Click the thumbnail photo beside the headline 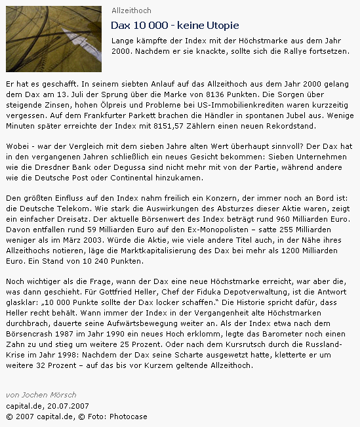pos(53,39)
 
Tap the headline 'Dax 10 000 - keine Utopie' pos(174,26)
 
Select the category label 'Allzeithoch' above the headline pos(131,10)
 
